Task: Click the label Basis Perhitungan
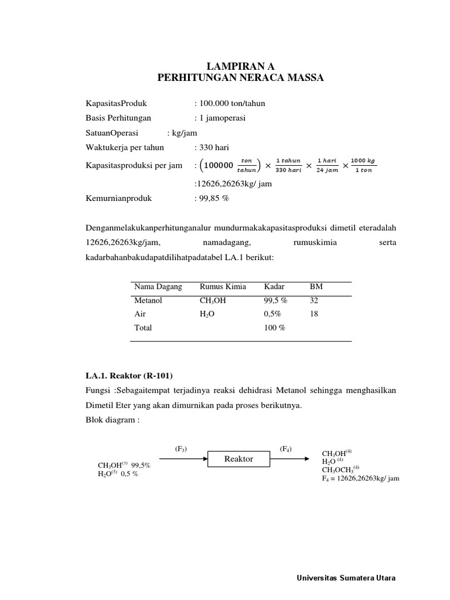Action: (118, 118)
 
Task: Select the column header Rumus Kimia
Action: (223, 287)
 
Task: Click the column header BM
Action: (315, 287)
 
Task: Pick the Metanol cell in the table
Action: (148, 300)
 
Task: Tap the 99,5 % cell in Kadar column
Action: (276, 300)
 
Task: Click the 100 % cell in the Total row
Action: (274, 328)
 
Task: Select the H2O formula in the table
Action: (208, 313)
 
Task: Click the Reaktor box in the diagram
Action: (238, 459)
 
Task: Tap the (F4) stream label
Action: (286, 448)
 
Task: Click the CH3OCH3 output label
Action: (340, 469)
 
